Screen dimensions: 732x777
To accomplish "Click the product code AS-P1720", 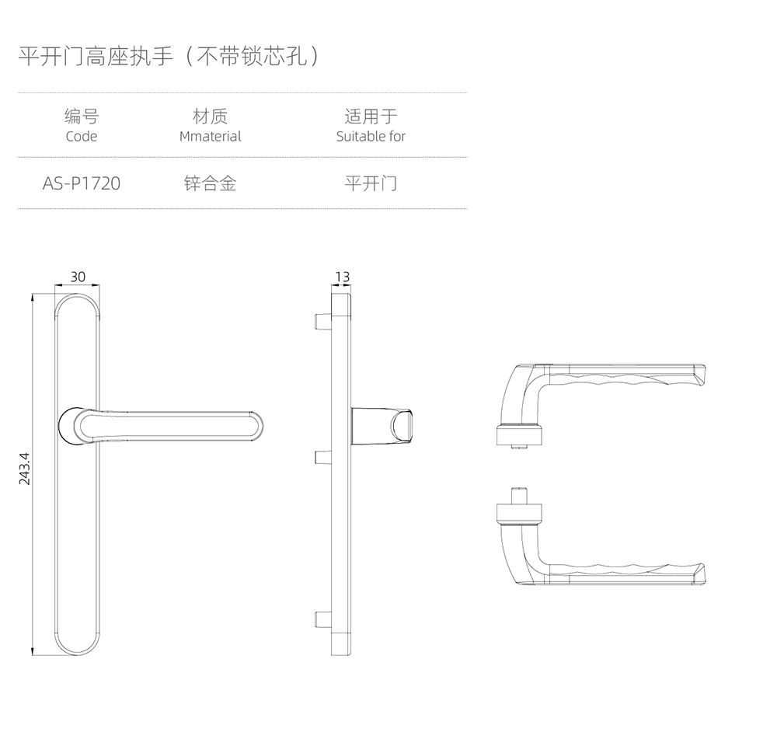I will (x=82, y=184).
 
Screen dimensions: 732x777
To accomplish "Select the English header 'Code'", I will (x=82, y=137).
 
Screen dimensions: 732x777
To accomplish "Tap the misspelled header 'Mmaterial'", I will (x=210, y=137).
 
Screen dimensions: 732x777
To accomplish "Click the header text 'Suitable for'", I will (x=371, y=137).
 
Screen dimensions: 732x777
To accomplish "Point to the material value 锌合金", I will (x=210, y=184).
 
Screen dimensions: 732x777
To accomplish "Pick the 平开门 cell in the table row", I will (x=371, y=184).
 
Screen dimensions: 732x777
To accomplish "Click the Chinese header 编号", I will (x=82, y=117).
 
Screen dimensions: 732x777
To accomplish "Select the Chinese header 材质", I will (x=210, y=117).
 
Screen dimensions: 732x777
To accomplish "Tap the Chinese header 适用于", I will (x=371, y=117).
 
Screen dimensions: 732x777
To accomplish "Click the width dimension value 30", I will (x=78, y=277).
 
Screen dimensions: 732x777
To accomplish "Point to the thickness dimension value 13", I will (x=342, y=277).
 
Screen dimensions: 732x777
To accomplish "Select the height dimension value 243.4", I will (x=24, y=469).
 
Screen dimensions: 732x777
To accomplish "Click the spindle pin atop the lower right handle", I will (x=520, y=493).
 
